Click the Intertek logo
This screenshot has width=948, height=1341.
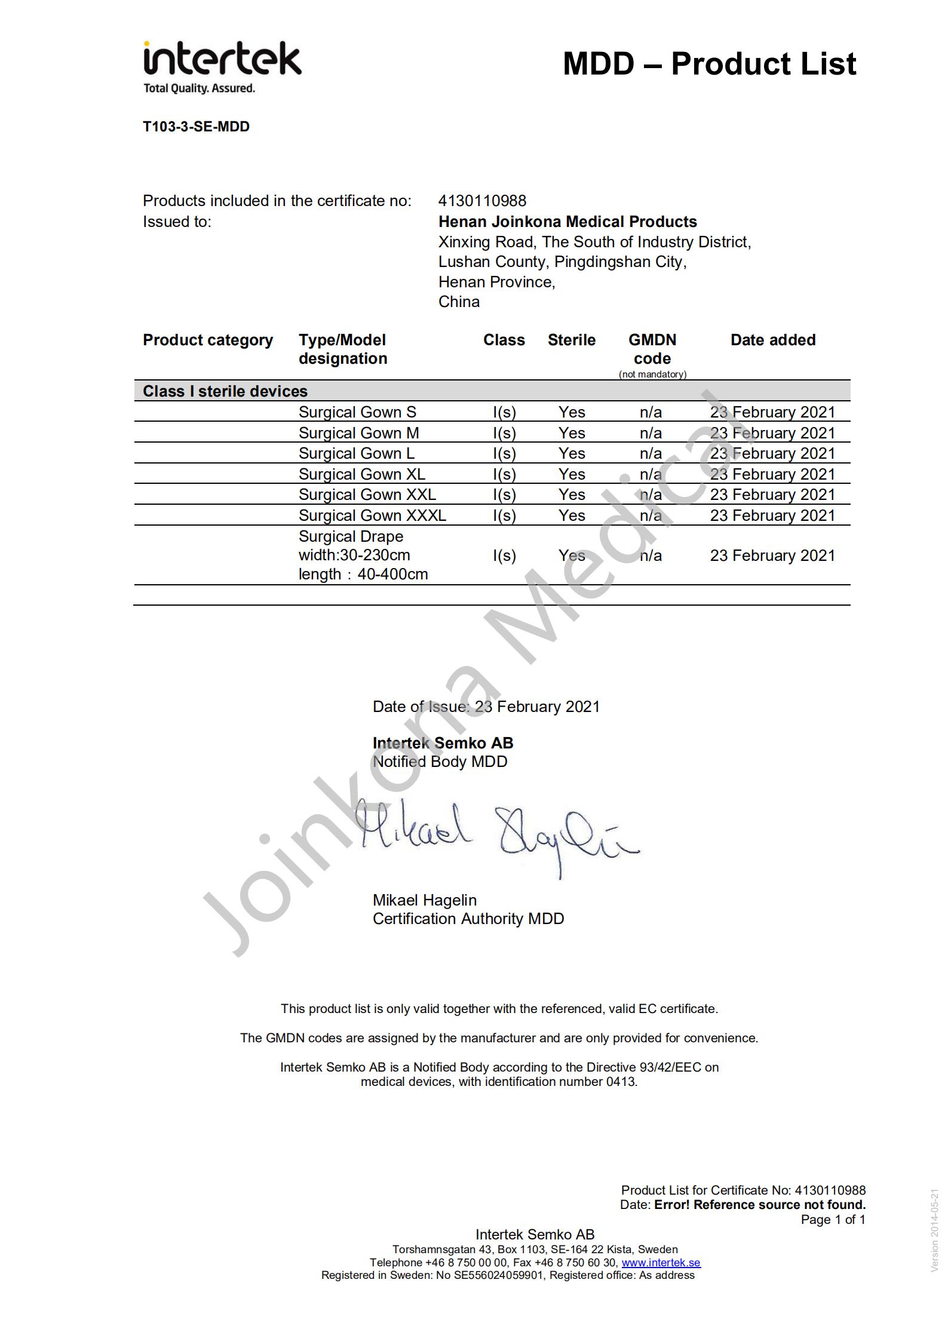coord(222,66)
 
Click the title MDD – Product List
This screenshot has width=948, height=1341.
coord(709,64)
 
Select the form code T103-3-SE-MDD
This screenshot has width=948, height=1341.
coord(196,127)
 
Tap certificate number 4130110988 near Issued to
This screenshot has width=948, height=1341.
coord(482,201)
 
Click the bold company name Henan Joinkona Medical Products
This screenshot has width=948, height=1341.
coord(567,222)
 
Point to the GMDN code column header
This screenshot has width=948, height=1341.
coord(652,349)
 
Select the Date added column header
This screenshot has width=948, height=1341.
coord(772,340)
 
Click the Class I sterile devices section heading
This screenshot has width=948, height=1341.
coord(225,391)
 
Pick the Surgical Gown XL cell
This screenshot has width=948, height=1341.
coord(361,474)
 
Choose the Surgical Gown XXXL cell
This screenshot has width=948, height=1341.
coord(372,515)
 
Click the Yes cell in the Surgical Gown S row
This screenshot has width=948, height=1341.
coord(572,412)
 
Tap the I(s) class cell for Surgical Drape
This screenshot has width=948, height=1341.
coord(504,556)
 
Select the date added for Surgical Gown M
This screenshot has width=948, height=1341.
coord(772,432)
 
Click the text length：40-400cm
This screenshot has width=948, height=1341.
coord(363,574)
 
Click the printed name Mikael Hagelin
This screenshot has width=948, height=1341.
coord(424,900)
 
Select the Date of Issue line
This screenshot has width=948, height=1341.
coord(486,707)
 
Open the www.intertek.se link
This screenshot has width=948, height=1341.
coord(661,1262)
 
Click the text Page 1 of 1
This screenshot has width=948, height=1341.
coord(833,1219)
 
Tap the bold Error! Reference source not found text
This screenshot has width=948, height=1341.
coord(759,1204)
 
